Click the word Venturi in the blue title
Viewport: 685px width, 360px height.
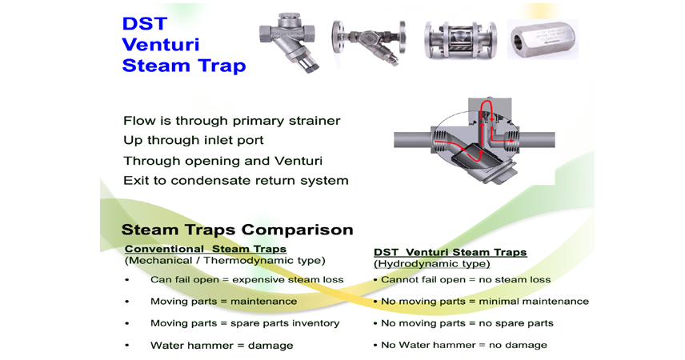point(161,45)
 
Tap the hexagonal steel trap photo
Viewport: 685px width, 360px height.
point(543,39)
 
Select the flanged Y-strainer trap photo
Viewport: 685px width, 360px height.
point(369,41)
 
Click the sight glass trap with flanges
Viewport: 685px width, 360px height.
point(460,40)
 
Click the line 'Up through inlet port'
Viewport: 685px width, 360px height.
point(194,140)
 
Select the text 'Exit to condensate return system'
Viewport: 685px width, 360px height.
point(236,181)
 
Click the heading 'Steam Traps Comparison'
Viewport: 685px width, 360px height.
point(237,230)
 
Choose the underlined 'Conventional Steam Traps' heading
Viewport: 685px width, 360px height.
point(206,249)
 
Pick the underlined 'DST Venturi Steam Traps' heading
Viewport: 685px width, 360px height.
point(451,252)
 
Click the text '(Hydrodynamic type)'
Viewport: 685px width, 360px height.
point(432,264)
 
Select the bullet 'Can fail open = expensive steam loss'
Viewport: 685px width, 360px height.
point(246,280)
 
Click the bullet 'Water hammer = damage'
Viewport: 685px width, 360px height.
point(222,345)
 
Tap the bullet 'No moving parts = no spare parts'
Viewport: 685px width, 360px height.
point(467,323)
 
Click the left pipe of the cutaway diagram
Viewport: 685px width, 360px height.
point(413,140)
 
